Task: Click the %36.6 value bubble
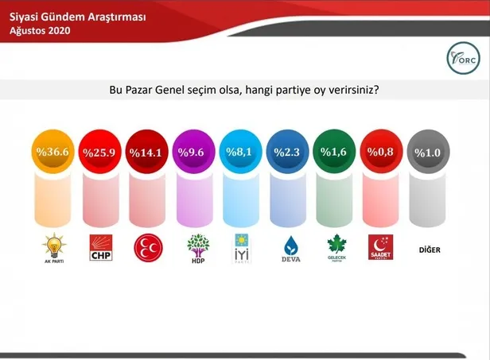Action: [55, 150]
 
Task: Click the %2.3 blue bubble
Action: [290, 150]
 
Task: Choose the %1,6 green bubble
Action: [336, 150]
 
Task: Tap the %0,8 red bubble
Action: [383, 150]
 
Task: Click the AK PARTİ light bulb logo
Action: [54, 247]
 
